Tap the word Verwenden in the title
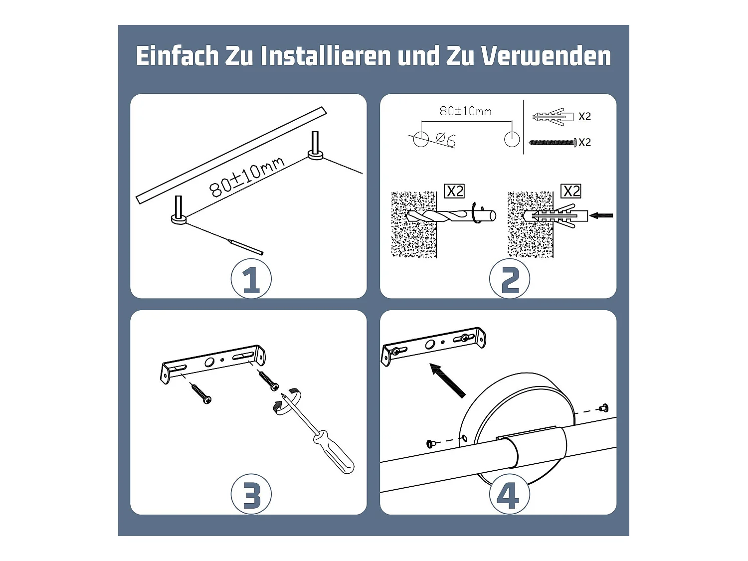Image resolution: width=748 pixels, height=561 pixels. pos(546,56)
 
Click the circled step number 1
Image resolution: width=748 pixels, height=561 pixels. pos(251,280)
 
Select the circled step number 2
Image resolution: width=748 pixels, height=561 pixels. pos(509,280)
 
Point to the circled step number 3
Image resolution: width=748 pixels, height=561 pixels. pos(251,495)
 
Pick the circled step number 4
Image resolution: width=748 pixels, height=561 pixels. pos(509,495)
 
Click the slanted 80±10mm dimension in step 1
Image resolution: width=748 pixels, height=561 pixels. pos(246,176)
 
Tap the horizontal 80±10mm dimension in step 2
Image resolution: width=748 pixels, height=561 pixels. pos(465,111)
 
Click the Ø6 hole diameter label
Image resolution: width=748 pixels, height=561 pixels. pos(445,139)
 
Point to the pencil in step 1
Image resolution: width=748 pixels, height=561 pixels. pos(245,246)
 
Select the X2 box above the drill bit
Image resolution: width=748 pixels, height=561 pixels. pos(454,191)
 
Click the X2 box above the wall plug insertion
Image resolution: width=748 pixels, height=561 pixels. pos(571,191)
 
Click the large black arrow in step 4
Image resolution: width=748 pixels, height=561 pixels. pos(447,380)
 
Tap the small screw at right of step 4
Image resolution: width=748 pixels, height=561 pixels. pos(604,408)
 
